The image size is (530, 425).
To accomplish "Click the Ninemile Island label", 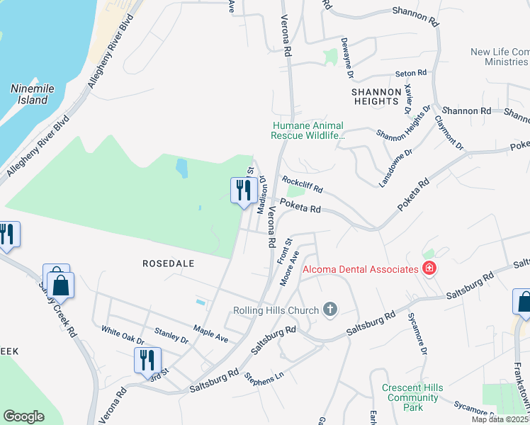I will coord(29,94).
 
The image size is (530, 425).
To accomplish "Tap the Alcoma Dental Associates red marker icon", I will coord(429,268).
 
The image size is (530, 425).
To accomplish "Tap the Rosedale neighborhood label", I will coord(169,263).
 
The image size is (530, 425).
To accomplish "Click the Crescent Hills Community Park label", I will coord(412,397).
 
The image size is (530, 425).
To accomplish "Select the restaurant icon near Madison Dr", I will coord(242,190).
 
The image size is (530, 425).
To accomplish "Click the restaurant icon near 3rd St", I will coord(147,361).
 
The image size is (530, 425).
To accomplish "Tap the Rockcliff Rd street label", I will coord(303,186).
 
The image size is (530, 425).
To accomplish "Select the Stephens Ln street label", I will coord(259,378).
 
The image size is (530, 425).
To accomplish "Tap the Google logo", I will coord(23,416).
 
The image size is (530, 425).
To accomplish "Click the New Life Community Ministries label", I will coord(499,57).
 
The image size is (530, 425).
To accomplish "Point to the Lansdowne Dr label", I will coord(395,168).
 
